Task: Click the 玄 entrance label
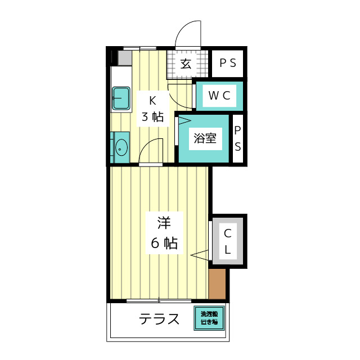(186, 64)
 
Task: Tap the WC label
(219, 96)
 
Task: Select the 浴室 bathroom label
(205, 138)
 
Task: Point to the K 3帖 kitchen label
(152, 109)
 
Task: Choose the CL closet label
(228, 241)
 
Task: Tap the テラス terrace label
(159, 319)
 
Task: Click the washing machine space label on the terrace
(209, 319)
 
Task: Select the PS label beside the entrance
(227, 64)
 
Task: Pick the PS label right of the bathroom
(238, 138)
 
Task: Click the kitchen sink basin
(121, 98)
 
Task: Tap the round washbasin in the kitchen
(121, 148)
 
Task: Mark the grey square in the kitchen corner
(125, 57)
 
